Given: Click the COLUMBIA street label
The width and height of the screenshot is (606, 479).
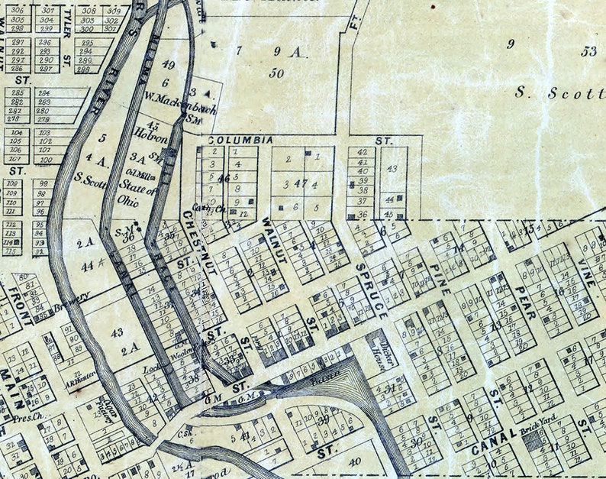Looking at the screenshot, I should pos(240,141).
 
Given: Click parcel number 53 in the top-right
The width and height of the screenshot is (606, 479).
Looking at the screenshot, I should pos(588,51).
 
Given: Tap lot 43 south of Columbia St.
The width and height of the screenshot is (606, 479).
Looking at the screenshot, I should pos(392,168).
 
